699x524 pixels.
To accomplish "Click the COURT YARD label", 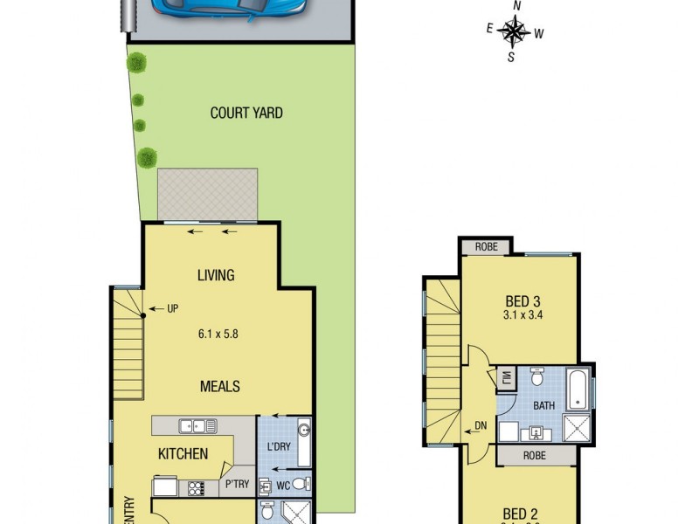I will tap(246, 113).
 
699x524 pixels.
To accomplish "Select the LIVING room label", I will tap(216, 275).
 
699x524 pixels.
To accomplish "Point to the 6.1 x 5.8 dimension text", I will tap(216, 332).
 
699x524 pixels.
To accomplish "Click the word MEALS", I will tap(219, 386).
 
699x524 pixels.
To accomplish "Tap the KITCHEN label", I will tap(183, 453).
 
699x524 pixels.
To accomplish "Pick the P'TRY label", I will tap(238, 484).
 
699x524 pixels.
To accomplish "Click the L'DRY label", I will tap(278, 447).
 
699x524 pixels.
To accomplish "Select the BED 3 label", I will tap(523, 301).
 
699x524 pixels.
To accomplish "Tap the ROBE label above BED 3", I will tap(487, 247).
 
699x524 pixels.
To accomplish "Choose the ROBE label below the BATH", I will tap(536, 455).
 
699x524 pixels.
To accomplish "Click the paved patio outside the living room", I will tap(208, 195).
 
